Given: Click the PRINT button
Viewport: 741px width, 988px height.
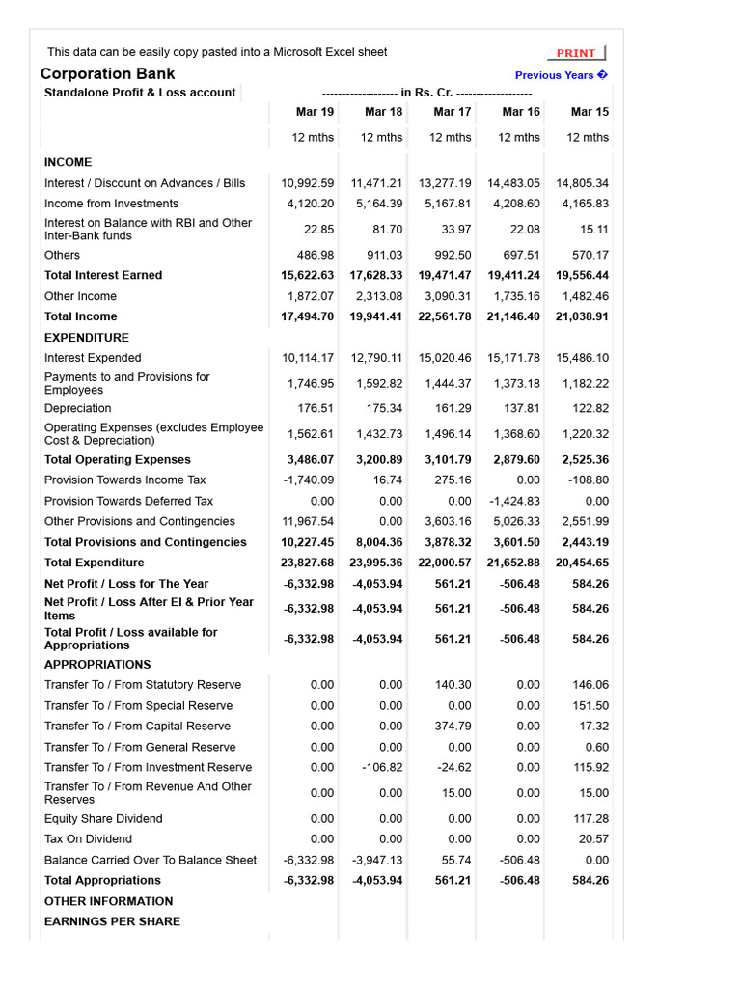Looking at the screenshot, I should [577, 53].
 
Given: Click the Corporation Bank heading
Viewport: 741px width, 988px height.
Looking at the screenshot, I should [108, 74].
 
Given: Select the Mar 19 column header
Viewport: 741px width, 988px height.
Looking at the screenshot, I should [315, 112].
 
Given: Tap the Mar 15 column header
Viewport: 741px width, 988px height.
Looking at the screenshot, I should [590, 112].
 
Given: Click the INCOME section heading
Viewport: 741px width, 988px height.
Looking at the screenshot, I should [69, 162].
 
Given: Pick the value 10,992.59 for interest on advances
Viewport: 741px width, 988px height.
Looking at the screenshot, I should [308, 183].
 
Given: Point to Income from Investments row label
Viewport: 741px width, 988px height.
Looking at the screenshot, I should [111, 204].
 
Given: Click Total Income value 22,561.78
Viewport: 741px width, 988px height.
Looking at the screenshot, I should [445, 316].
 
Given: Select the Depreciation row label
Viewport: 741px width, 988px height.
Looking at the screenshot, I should [78, 408].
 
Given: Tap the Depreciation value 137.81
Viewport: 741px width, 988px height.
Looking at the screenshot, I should [521, 408].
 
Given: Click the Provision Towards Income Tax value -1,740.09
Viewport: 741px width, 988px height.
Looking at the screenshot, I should [309, 480].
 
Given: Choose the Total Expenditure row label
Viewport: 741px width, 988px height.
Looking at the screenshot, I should [95, 563].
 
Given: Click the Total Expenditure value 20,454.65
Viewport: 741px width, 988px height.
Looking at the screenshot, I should [582, 563].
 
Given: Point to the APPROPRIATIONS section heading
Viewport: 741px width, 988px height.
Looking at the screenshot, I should [97, 665].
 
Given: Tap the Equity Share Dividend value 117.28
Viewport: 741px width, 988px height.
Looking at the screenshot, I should [590, 819].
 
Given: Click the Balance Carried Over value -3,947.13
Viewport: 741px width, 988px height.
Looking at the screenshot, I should [376, 860].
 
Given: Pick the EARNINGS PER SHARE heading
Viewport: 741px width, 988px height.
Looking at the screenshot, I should [112, 921].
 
